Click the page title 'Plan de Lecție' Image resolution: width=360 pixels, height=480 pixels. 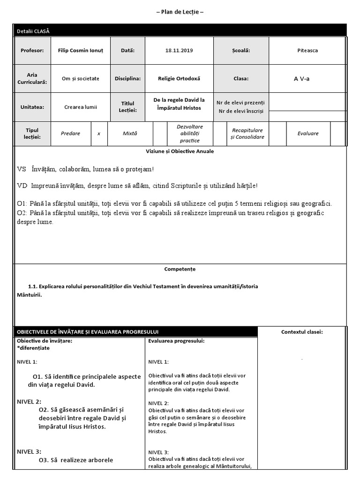click(180, 12)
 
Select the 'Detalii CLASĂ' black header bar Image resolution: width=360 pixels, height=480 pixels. click(33, 31)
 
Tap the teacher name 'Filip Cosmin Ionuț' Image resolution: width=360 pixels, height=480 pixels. click(81, 50)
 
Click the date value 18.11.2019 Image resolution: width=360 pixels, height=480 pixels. click(179, 50)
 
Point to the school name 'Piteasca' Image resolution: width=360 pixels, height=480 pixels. click(307, 50)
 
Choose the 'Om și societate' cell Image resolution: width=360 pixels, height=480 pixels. click(81, 78)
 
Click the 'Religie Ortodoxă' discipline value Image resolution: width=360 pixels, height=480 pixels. click(179, 78)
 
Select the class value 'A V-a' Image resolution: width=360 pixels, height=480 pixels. click(301, 78)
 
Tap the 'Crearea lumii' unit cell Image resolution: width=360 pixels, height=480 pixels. click(81, 106)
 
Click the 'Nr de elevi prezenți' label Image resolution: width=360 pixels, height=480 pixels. click(240, 102)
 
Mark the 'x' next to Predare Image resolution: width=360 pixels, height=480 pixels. click(99, 133)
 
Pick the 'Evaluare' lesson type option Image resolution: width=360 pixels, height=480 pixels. click(307, 133)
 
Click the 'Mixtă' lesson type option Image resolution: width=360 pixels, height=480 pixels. click(130, 133)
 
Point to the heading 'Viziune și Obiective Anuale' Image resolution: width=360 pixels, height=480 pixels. click(180, 151)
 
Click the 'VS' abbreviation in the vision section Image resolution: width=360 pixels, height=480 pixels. click(22, 169)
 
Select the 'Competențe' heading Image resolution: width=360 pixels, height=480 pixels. click(180, 269)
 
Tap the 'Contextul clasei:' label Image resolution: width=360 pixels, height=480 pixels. click(302, 332)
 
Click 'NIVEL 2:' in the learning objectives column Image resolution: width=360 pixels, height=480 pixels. click(29, 401)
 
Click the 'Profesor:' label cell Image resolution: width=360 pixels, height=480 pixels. click(32, 50)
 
